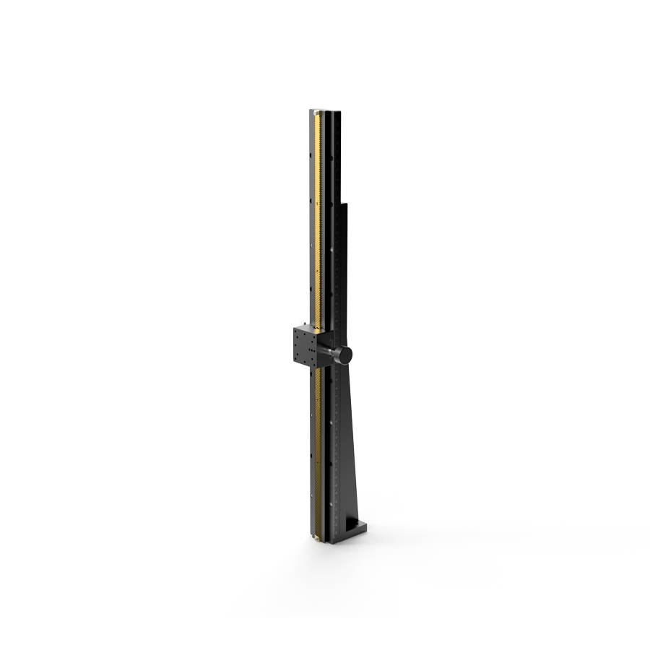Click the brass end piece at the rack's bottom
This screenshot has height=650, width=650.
point(317,538)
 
